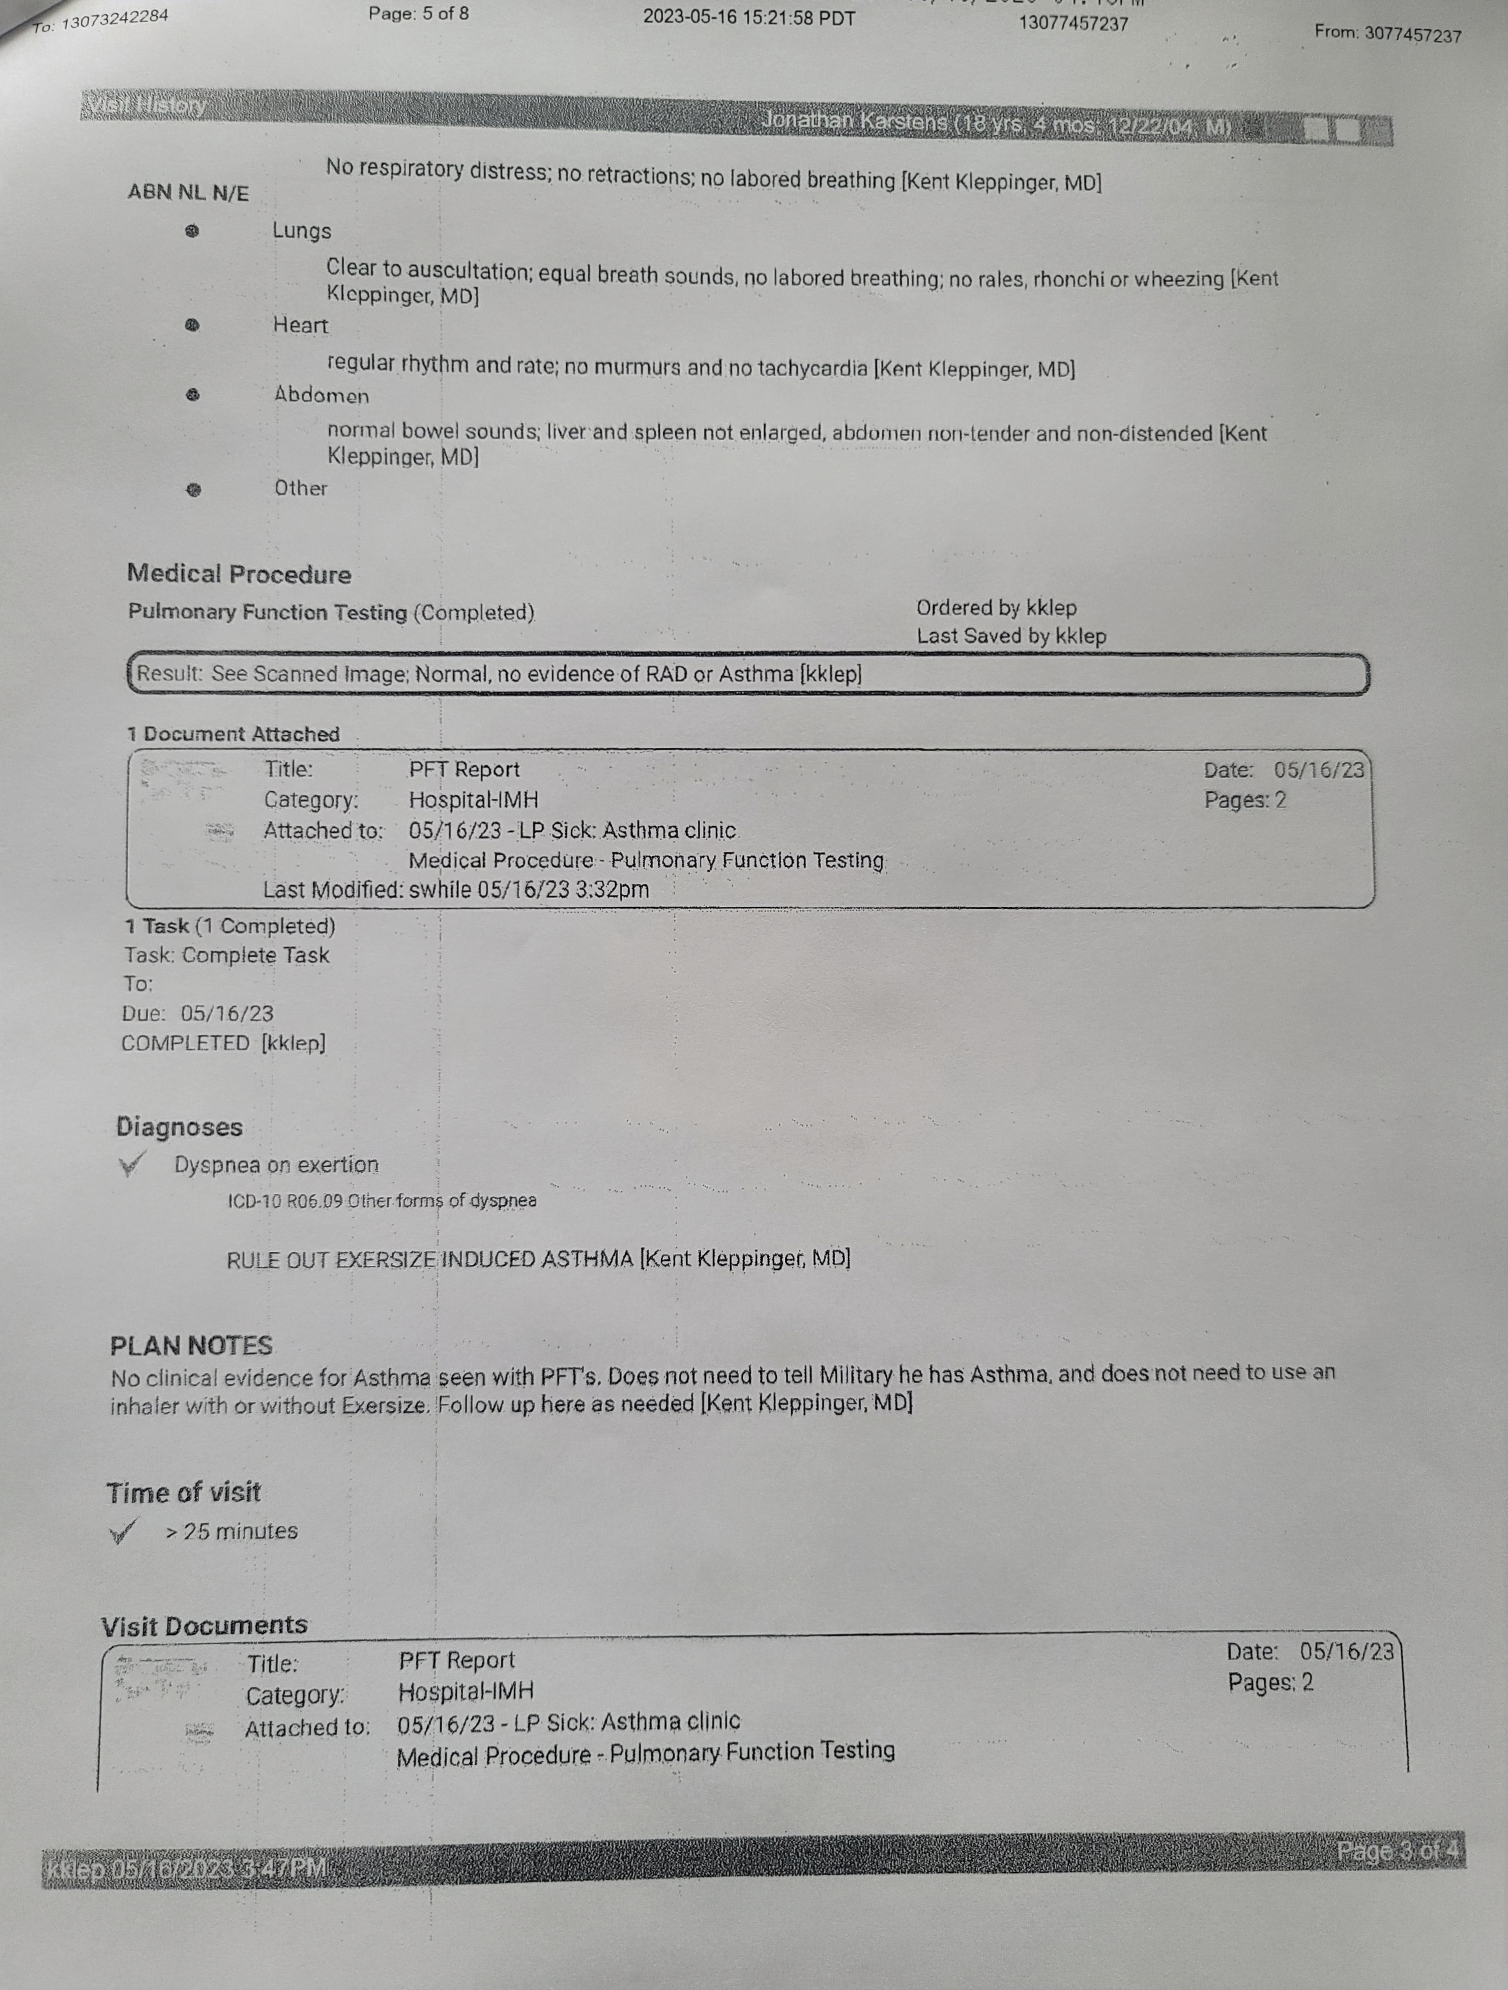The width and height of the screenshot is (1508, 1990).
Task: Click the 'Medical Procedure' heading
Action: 239,574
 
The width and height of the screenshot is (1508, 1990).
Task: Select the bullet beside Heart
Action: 192,325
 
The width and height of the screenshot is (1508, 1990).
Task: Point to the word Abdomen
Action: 321,396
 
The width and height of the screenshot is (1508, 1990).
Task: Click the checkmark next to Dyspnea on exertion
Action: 130,1166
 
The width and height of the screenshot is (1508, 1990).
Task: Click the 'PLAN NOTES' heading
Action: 191,1346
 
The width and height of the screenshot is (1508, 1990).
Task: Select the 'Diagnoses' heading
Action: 179,1127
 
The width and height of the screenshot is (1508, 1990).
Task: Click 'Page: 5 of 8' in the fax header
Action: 418,14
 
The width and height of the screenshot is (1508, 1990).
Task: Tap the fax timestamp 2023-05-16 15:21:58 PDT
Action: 748,18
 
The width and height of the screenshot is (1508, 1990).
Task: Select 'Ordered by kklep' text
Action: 996,608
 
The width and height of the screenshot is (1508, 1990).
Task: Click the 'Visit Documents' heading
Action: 204,1626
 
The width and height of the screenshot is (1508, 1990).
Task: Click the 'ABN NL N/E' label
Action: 188,193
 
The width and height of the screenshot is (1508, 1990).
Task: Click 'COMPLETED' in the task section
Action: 185,1044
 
